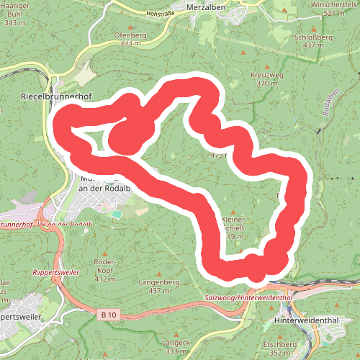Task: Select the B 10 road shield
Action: [x=109, y=314]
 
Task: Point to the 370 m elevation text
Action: [x=266, y=84]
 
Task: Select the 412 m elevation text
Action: [x=105, y=279]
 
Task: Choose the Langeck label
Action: [x=175, y=343]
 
